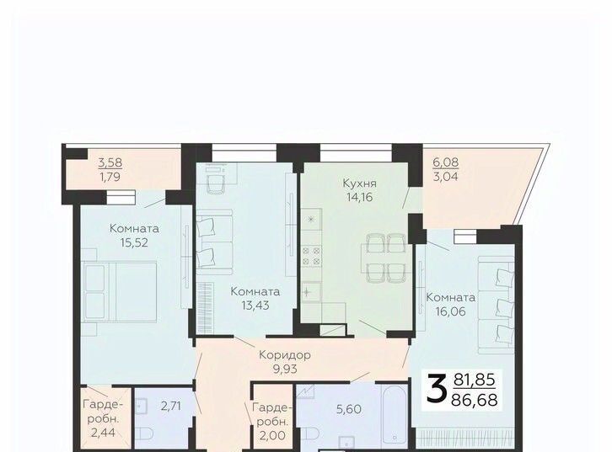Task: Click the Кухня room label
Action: [x=359, y=183]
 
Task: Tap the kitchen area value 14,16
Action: [x=359, y=197]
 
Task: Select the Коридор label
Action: [x=285, y=355]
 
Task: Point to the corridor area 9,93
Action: [x=285, y=369]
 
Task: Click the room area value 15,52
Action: [x=134, y=242]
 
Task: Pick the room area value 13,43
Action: [x=255, y=305]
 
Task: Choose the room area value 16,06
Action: [x=451, y=311]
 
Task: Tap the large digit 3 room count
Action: [x=436, y=388]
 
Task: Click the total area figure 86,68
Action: [x=475, y=400]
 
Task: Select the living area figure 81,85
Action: [x=475, y=379]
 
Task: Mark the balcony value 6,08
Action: [x=445, y=162]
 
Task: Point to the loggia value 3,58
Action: [x=110, y=162]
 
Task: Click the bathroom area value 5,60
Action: [x=348, y=409]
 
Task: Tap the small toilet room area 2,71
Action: [x=171, y=406]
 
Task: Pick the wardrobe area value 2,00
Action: [x=273, y=435]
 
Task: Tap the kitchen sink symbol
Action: [x=311, y=291]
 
